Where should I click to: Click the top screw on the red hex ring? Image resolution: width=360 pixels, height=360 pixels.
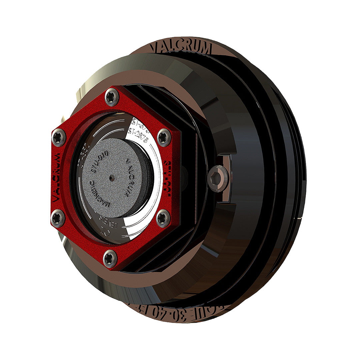(112, 97)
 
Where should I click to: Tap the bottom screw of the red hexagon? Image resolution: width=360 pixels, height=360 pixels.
(110, 258)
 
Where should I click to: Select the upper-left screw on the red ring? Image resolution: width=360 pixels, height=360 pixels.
(59, 137)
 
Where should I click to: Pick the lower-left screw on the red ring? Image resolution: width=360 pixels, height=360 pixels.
(58, 218)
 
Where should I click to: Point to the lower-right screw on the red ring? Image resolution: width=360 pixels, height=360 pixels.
(163, 218)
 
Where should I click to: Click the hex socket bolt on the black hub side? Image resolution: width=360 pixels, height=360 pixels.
(217, 179)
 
